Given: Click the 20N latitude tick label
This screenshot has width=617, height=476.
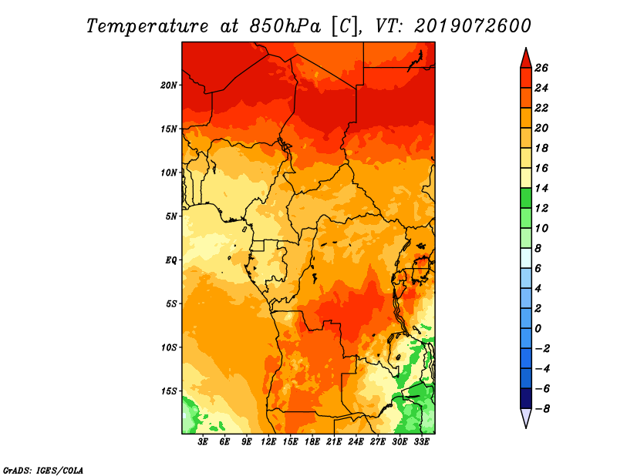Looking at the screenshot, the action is coord(168,85).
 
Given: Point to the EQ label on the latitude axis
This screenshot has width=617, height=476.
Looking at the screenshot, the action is coord(170,260).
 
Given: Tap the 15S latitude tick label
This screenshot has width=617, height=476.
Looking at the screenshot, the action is coord(169,391).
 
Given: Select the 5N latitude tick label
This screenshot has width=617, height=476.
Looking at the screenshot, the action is coord(171,216).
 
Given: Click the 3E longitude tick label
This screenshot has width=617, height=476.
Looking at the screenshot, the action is coord(203,442).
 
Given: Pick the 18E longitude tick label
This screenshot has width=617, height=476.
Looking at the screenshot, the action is coord(312,442).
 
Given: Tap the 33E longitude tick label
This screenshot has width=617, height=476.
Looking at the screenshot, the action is coord(421,442).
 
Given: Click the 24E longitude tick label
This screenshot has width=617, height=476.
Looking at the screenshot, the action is coord(356,442).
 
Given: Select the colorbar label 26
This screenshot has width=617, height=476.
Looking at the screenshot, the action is coord(541,68).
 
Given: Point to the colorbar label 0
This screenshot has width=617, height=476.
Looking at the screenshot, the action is coord(538,329).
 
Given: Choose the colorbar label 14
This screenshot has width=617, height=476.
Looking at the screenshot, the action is coord(541,188).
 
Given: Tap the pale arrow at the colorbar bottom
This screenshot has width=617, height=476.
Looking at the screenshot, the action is coord(526,417).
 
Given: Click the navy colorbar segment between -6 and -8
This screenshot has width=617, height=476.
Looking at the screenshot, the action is coord(526,398).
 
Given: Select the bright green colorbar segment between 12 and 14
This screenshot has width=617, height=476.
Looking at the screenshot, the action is coord(526,198).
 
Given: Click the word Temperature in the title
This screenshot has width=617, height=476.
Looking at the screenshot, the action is coord(147,26).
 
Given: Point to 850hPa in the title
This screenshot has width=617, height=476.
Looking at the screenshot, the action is coord(285,26).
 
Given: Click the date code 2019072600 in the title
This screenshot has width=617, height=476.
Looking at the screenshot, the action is coord(473,26).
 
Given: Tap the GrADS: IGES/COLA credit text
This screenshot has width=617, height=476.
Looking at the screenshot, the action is coord(43,471).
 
